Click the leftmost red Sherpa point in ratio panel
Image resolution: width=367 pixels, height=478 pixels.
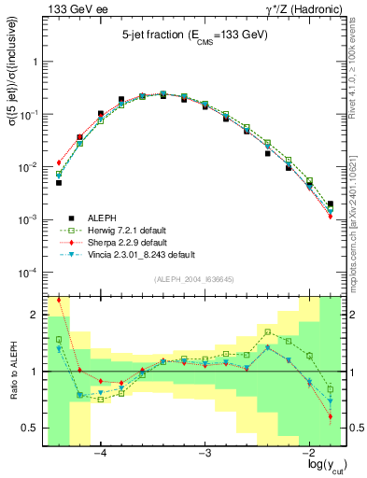(x=58, y=300)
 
